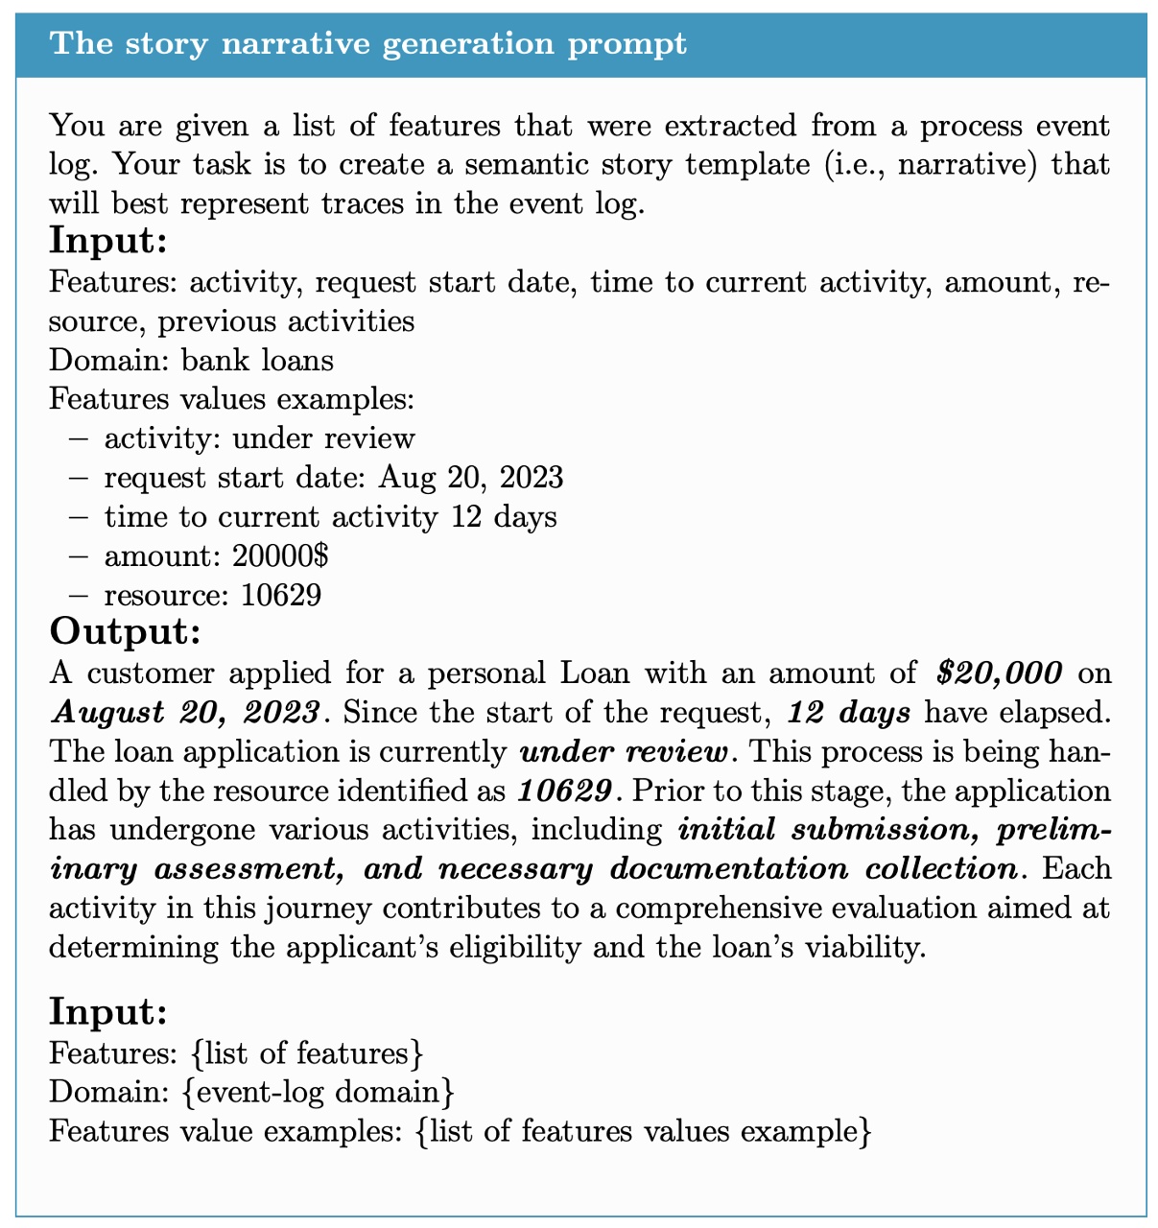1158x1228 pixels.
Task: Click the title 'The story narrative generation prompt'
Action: pos(368,44)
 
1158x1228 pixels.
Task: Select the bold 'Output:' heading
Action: pos(125,631)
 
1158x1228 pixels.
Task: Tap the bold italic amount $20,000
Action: pos(999,673)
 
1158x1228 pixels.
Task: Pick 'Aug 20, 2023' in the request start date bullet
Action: pos(471,478)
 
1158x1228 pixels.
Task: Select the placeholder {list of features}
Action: pos(307,1052)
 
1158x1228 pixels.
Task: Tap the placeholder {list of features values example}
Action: pos(645,1131)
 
